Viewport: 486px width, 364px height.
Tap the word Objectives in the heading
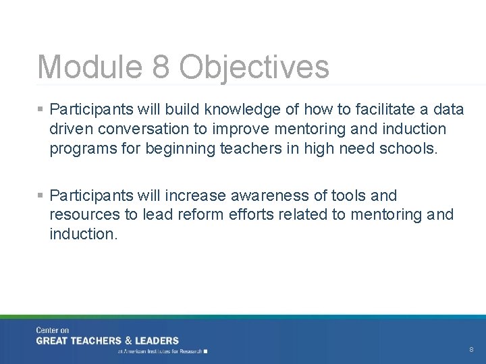click(254, 67)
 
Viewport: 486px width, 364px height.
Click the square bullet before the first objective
click(41, 109)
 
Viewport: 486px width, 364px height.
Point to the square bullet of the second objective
click(41, 195)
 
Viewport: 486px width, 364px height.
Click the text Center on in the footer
click(53, 330)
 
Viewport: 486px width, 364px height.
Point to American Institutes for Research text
click(163, 351)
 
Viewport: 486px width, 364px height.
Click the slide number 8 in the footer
click(471, 350)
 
